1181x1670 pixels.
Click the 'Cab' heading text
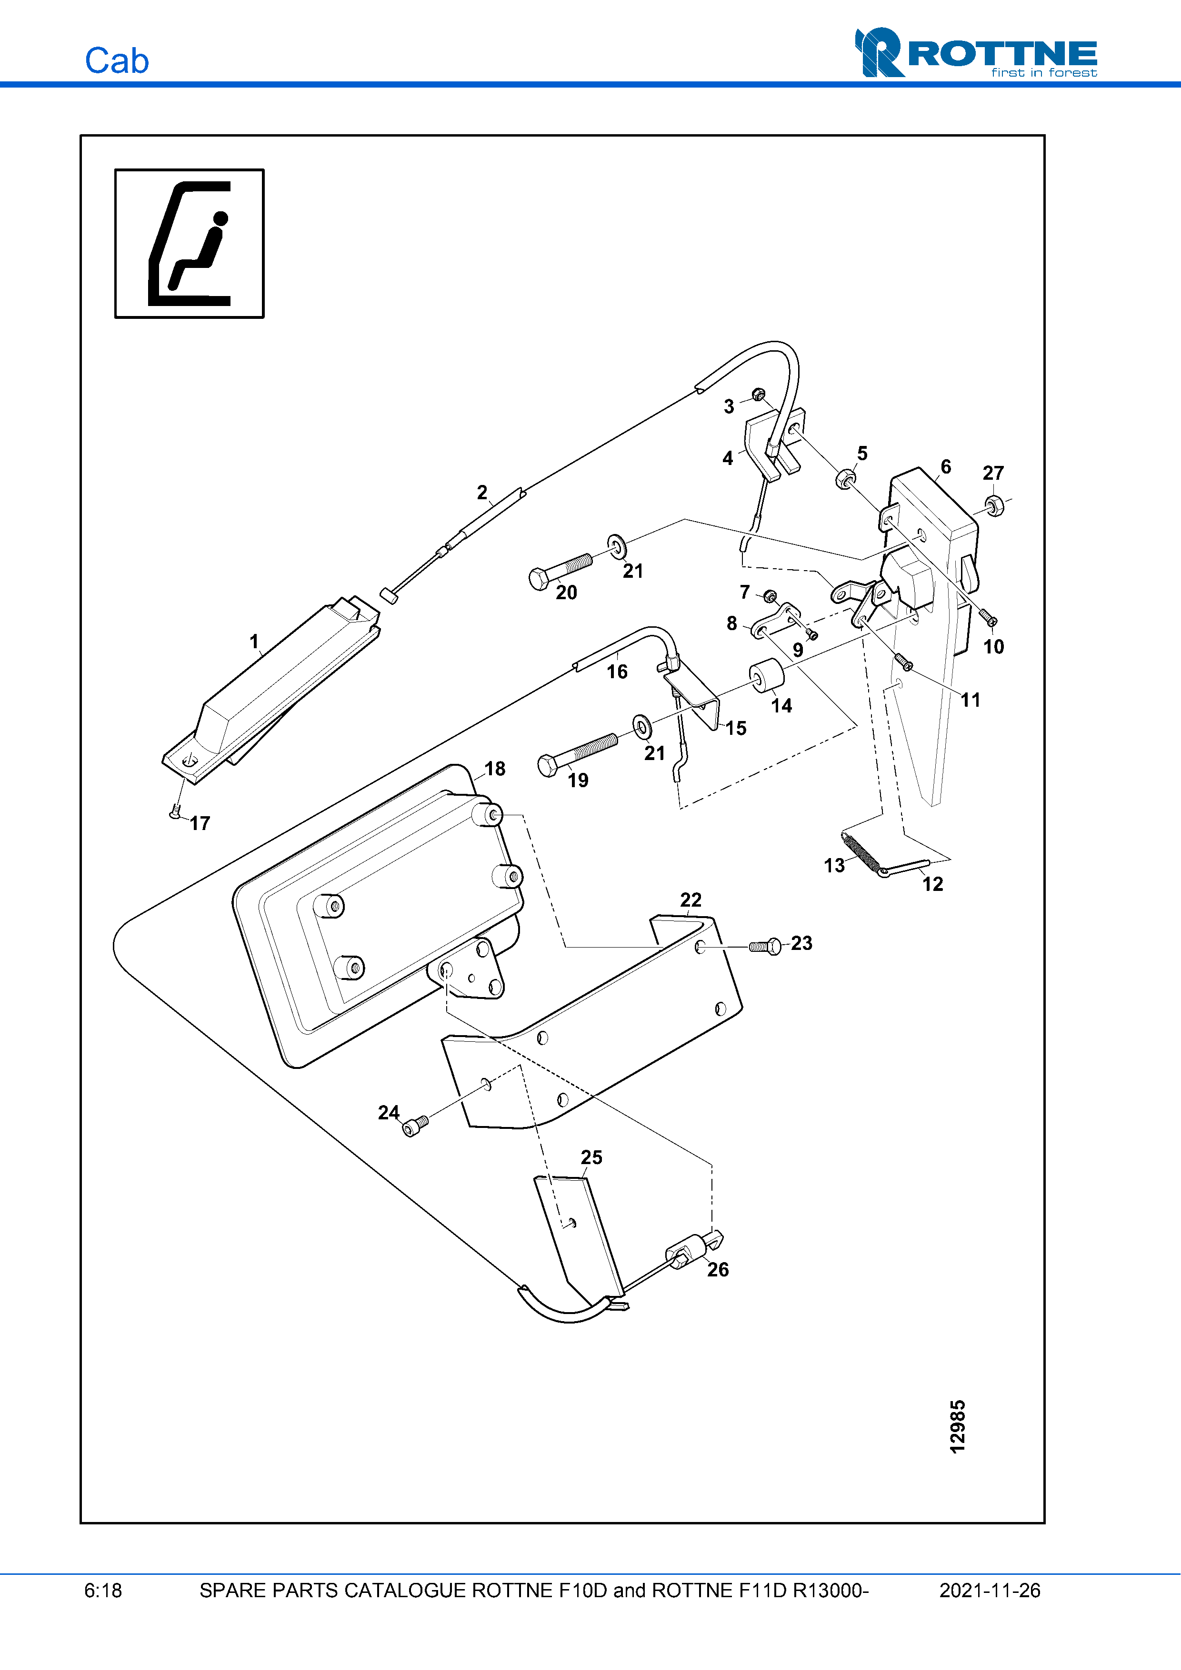click(x=116, y=61)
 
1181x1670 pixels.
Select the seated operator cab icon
click(x=189, y=244)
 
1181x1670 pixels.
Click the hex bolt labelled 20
click(x=560, y=571)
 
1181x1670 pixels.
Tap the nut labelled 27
click(x=994, y=505)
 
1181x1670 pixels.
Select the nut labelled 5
click(x=845, y=479)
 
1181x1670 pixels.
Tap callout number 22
click(x=691, y=900)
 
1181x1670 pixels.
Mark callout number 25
click(x=591, y=1157)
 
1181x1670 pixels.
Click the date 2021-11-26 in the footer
click(x=990, y=1591)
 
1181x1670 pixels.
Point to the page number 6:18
click(x=103, y=1591)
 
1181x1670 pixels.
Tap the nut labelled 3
click(x=758, y=395)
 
